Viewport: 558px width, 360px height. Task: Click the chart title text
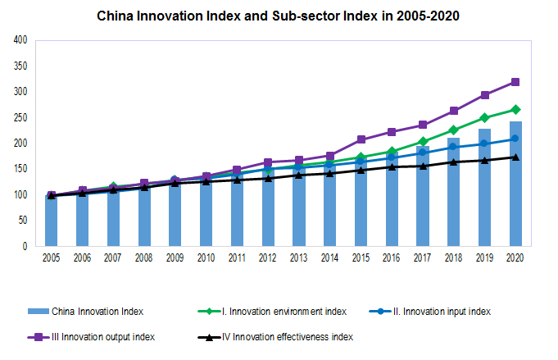pos(279,16)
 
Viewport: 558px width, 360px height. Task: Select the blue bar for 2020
pos(515,184)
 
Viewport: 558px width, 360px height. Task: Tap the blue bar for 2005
pos(51,221)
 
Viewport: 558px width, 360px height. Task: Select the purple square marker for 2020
pos(515,82)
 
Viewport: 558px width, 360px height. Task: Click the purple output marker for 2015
pos(361,139)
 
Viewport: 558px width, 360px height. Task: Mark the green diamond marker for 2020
pos(515,109)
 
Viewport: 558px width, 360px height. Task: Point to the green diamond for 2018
pos(454,130)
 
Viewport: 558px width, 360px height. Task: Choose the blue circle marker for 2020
pos(515,139)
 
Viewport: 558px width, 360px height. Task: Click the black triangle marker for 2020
pos(515,157)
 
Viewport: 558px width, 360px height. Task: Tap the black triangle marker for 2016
pos(392,166)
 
